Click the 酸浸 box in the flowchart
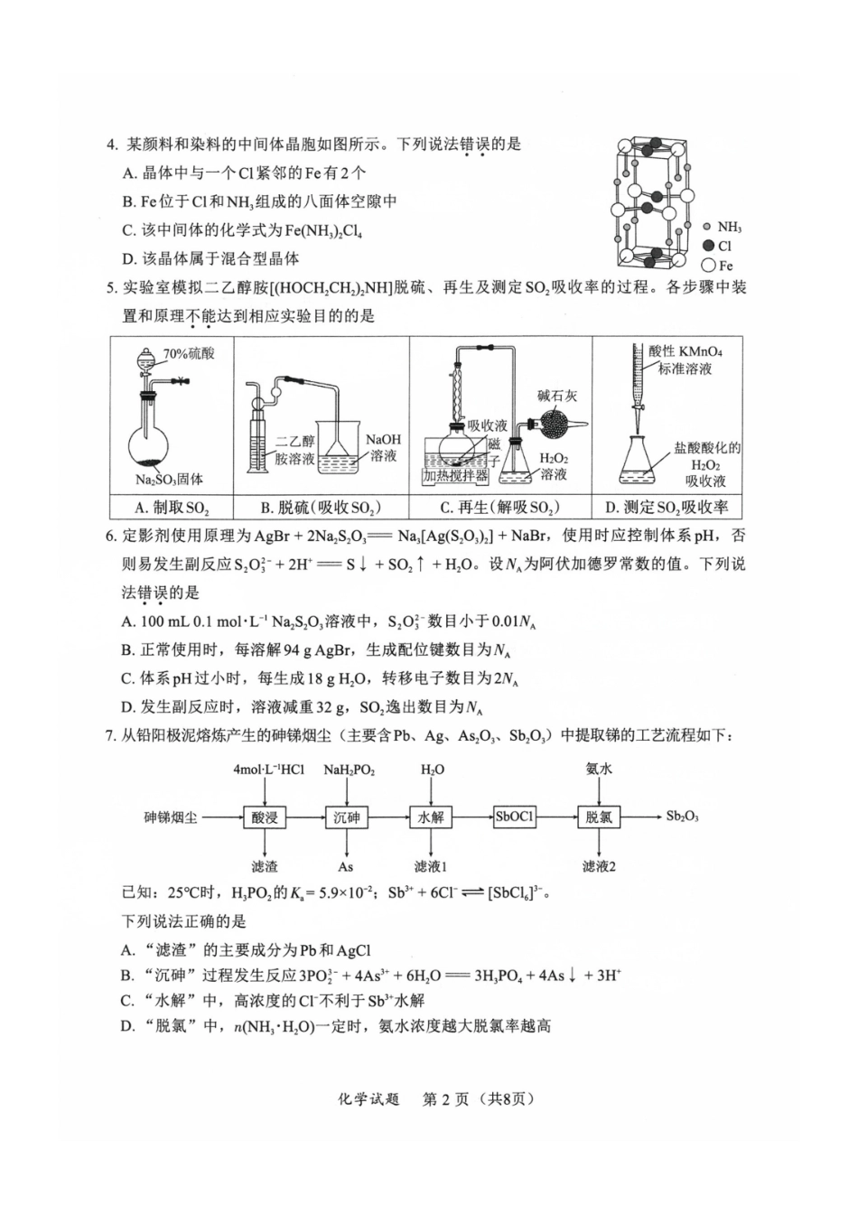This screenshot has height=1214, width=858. point(265,817)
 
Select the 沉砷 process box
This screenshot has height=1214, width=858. point(346,817)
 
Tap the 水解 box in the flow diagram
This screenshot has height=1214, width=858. point(431,817)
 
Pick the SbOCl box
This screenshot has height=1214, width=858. point(515,817)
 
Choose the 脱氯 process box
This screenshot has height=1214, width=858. point(599,817)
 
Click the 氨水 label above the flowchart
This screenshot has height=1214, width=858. point(599,770)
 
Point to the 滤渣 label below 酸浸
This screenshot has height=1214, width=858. point(265,866)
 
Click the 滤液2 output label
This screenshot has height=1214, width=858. point(599,866)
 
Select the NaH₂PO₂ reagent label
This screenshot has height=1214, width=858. point(349,770)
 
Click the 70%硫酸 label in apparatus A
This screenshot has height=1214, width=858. point(189,353)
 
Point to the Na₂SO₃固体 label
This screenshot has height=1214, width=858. point(170,479)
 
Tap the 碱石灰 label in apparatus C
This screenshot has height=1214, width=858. point(556,395)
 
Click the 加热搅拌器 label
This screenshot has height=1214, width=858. point(456,475)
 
